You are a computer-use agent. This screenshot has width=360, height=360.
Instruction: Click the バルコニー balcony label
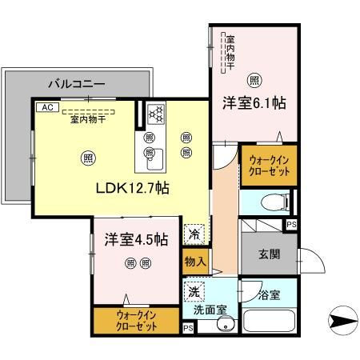pyautogui.click(x=77, y=82)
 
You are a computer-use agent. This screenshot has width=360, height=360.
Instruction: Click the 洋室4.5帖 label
pyautogui.click(x=135, y=238)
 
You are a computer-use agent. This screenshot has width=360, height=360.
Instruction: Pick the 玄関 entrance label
pyautogui.click(x=268, y=254)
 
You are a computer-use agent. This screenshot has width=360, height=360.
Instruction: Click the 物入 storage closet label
pyautogui.click(x=195, y=262)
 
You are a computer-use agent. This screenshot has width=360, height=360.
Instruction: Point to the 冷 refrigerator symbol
pyautogui.click(x=194, y=234)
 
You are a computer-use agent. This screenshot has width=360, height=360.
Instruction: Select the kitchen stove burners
pyautogui.click(x=154, y=114)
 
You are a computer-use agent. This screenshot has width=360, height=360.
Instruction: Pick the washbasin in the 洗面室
pyautogui.click(x=226, y=324)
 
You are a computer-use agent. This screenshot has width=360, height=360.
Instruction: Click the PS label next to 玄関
pyautogui.click(x=290, y=226)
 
